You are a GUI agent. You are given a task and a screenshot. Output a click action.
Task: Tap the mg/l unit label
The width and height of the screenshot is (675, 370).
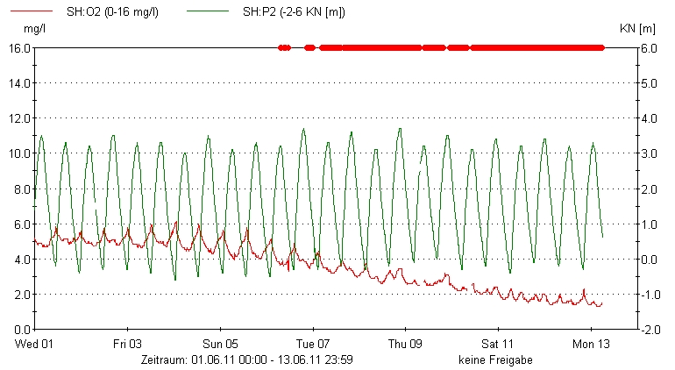34,29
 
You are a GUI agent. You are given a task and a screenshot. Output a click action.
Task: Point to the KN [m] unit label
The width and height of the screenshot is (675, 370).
638,29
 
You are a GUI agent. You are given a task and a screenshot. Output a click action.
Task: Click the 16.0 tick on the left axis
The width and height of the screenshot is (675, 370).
20,48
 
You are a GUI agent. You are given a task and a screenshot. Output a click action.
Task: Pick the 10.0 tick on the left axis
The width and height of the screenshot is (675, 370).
20,153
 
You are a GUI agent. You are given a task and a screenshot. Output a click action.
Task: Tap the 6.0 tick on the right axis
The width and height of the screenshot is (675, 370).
649,48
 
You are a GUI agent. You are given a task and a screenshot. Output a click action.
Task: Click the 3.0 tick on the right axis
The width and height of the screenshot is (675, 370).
649,153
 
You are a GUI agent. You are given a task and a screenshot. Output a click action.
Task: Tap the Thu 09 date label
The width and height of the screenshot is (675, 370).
406,344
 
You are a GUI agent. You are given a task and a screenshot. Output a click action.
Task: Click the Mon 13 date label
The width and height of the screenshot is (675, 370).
591,344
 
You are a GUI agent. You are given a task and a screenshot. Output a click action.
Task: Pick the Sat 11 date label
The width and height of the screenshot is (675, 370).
498,344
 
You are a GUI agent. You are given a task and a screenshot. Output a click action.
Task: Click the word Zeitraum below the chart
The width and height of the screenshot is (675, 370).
164,359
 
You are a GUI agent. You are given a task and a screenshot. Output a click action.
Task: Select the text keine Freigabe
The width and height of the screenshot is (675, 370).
494,359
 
